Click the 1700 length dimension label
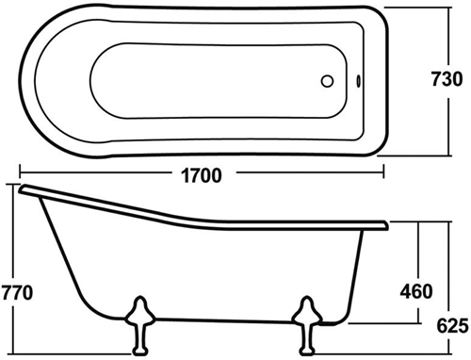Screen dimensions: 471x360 [x=202, y=175]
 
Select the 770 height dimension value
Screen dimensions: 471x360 [x=17, y=292]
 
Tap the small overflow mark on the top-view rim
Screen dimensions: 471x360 [x=363, y=82]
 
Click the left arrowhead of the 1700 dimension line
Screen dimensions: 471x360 [x=20, y=173]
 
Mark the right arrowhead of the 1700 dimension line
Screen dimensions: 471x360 [x=385, y=173]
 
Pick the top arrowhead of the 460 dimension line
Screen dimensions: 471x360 [x=416, y=226]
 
